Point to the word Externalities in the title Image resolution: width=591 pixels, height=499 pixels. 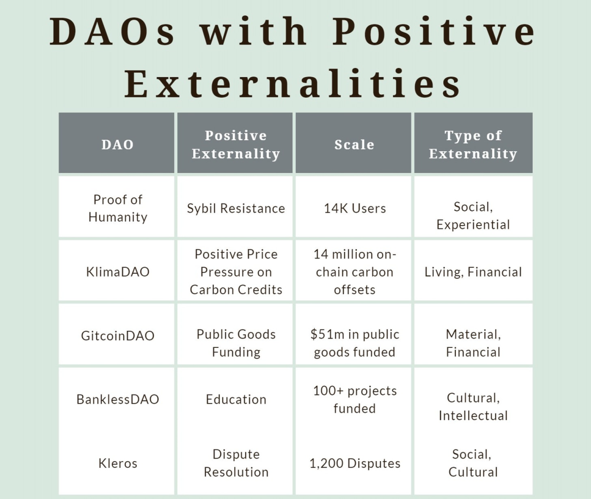[x=293, y=84]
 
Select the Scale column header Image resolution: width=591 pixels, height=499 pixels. [x=354, y=145]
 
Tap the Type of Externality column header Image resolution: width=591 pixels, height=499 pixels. [x=473, y=145]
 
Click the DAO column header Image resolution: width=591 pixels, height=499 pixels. [x=118, y=145]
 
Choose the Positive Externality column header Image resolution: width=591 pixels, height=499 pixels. [x=236, y=145]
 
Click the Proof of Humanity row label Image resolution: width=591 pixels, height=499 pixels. [x=118, y=208]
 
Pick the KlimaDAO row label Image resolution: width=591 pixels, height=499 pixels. [x=118, y=272]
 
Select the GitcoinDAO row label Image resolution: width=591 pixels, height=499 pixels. [x=118, y=335]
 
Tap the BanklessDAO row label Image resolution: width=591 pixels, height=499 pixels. [x=118, y=399]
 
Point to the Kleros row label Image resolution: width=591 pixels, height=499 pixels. [x=118, y=463]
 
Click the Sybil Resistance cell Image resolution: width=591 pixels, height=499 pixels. [x=236, y=208]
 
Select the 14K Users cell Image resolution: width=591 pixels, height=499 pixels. [x=355, y=208]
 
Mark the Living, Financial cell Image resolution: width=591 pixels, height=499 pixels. [x=473, y=272]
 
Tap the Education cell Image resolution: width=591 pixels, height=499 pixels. [x=236, y=399]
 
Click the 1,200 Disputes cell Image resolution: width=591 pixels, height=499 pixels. [x=355, y=463]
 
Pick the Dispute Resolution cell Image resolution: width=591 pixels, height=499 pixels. [x=236, y=463]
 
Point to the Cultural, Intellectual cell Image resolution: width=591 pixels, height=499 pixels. [x=473, y=406]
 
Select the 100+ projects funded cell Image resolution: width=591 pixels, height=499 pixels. [x=355, y=399]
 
